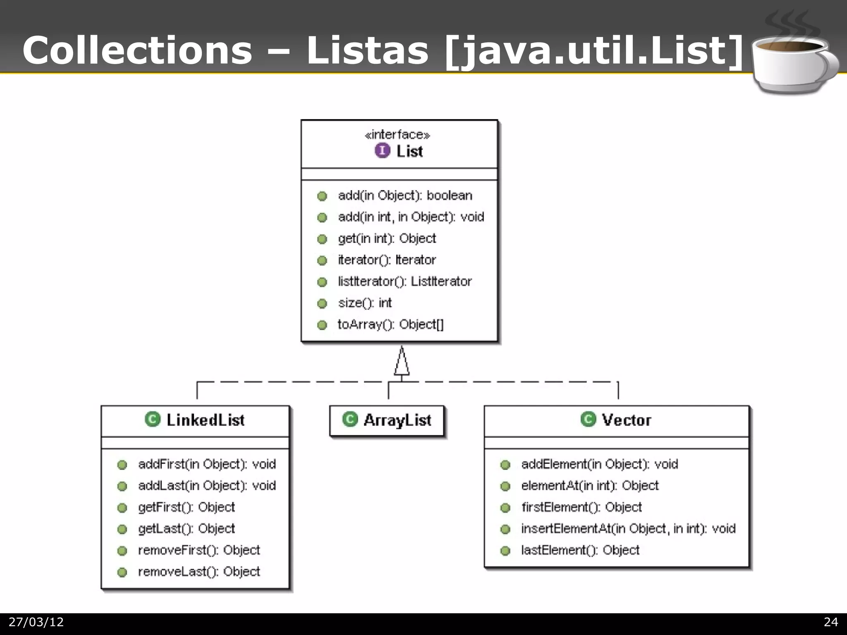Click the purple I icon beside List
tap(382, 150)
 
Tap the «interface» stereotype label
tap(397, 134)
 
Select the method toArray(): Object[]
tap(390, 325)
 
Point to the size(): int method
tap(365, 303)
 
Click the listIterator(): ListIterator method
tap(404, 282)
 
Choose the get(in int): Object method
tap(387, 239)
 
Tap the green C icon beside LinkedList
tap(153, 419)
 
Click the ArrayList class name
tap(397, 420)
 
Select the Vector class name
tap(626, 420)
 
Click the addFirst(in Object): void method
tap(207, 464)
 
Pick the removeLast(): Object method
tap(199, 572)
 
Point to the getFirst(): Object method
tap(187, 507)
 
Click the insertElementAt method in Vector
tap(628, 529)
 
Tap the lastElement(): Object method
tap(580, 550)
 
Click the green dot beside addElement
tap(505, 465)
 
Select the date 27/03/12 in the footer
tap(36, 622)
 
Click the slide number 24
tap(830, 622)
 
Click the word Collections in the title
tap(137, 50)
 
